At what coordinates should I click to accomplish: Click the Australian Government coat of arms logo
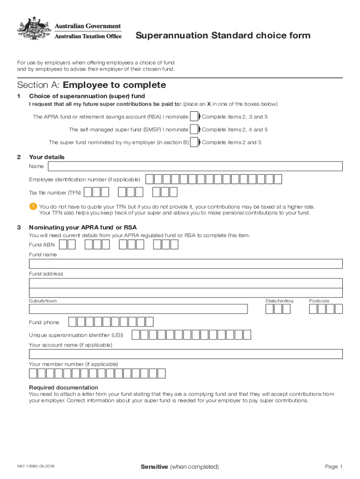[x=34, y=29]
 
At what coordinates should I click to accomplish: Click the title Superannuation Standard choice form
[x=223, y=36]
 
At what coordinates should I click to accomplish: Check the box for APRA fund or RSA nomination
[x=194, y=117]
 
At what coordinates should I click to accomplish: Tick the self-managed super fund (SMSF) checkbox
[x=194, y=130]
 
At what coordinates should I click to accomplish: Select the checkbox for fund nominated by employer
[x=194, y=142]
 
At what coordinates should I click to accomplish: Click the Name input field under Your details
[x=195, y=167]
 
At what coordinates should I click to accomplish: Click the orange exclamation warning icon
[x=33, y=206]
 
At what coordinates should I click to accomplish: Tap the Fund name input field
[x=186, y=264]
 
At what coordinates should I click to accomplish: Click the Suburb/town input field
[x=138, y=309]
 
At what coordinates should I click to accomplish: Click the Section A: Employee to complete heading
[x=92, y=85]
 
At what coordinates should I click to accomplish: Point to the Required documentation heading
[x=64, y=387]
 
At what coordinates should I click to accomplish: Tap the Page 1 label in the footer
[x=334, y=467]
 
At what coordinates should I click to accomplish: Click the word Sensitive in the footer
[x=154, y=467]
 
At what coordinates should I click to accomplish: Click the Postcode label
[x=319, y=301]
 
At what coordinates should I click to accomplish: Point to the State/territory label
[x=280, y=301]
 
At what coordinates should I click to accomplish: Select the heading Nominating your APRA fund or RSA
[x=83, y=227]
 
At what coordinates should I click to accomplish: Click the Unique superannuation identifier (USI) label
[x=76, y=335]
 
